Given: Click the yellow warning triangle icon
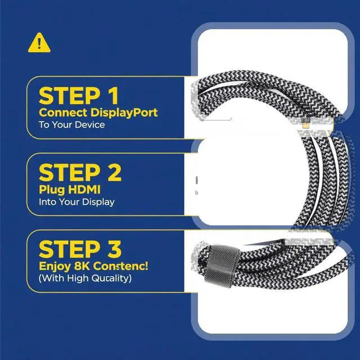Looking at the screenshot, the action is coord(39,43).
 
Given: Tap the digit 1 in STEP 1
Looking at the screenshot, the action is coord(113,96).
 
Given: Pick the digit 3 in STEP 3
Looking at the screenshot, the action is coord(114,249).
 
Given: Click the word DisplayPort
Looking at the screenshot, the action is coord(124,113).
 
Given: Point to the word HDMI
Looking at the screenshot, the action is coord(84,190).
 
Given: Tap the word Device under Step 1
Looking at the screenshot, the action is coord(90,125).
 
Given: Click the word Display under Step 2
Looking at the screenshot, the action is coord(98,202).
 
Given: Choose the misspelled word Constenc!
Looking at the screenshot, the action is coord(120,266).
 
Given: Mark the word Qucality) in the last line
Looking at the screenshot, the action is coord(111,278).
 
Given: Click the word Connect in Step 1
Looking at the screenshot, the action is coord(63,112).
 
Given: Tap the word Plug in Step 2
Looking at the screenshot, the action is coord(52,190).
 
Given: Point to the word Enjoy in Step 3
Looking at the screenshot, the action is coord(55,267).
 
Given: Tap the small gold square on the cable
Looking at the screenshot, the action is coord(305,125).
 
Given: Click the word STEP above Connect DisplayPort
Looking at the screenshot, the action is coord(70,96).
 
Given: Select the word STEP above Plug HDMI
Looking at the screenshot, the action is coord(70,173).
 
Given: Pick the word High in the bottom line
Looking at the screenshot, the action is coord(78,278).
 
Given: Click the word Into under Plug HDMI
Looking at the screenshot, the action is coord(47,202).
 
